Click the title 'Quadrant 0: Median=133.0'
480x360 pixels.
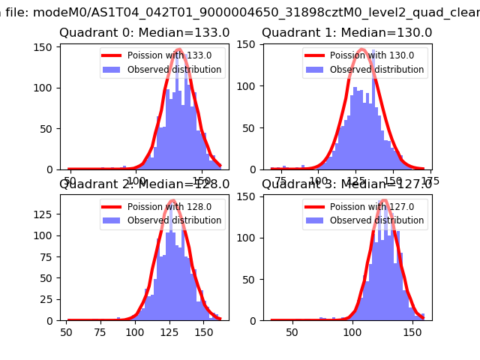[x=145, y=33]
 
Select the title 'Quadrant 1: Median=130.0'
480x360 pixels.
[x=346, y=33]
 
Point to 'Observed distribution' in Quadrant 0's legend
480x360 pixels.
[x=174, y=70]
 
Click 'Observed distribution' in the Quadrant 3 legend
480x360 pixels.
[x=376, y=220]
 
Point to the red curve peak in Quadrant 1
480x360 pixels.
[x=361, y=49]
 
